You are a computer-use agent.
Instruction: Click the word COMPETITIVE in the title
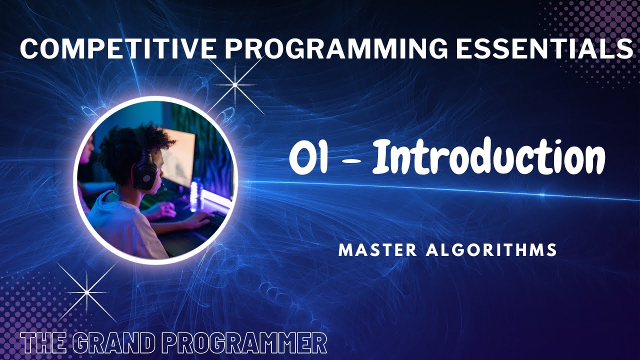pyautogui.click(x=118, y=48)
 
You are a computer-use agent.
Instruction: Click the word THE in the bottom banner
pyautogui.click(x=43, y=344)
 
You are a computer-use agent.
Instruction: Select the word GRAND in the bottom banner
pyautogui.click(x=114, y=344)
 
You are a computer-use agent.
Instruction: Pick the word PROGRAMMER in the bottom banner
pyautogui.click(x=245, y=344)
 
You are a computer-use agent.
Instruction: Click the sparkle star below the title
pyautogui.click(x=234, y=84)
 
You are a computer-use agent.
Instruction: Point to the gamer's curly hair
pyautogui.click(x=125, y=145)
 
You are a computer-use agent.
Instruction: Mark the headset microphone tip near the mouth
pyautogui.click(x=161, y=186)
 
